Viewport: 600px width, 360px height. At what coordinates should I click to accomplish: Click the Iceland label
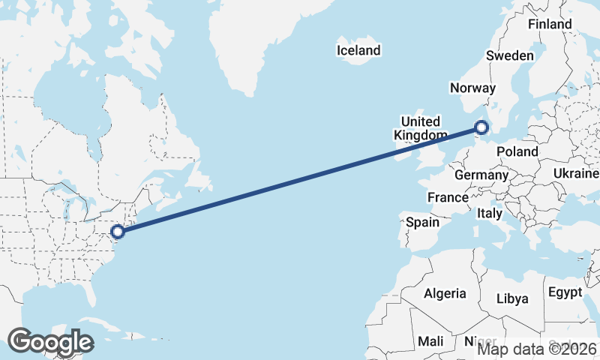tap(358, 51)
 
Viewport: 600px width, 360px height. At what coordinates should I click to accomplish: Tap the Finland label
tap(550, 24)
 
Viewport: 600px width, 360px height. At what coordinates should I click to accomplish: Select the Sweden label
tap(510, 55)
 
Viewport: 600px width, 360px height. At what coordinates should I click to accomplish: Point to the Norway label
tap(472, 88)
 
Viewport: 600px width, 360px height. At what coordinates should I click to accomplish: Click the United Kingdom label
tap(420, 128)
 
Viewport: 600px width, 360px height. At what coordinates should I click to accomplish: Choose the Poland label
tap(517, 151)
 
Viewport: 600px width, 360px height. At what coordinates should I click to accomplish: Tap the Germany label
tap(481, 175)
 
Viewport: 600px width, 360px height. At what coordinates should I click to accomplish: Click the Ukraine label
tap(576, 173)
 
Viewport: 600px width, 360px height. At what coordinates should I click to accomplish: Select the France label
tap(448, 197)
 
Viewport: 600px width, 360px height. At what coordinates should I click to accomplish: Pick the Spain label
tap(422, 222)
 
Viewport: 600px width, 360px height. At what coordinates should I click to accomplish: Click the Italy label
tap(490, 213)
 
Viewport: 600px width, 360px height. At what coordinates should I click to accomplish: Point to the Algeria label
tap(445, 293)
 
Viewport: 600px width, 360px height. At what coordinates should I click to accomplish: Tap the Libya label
tap(512, 298)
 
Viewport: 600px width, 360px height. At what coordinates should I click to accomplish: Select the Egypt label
tap(565, 292)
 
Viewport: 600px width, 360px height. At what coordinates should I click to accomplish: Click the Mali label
tap(430, 340)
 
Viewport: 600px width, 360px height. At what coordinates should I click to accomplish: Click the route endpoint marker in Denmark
tap(481, 127)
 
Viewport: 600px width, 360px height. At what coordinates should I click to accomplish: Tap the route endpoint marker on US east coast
tap(117, 231)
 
